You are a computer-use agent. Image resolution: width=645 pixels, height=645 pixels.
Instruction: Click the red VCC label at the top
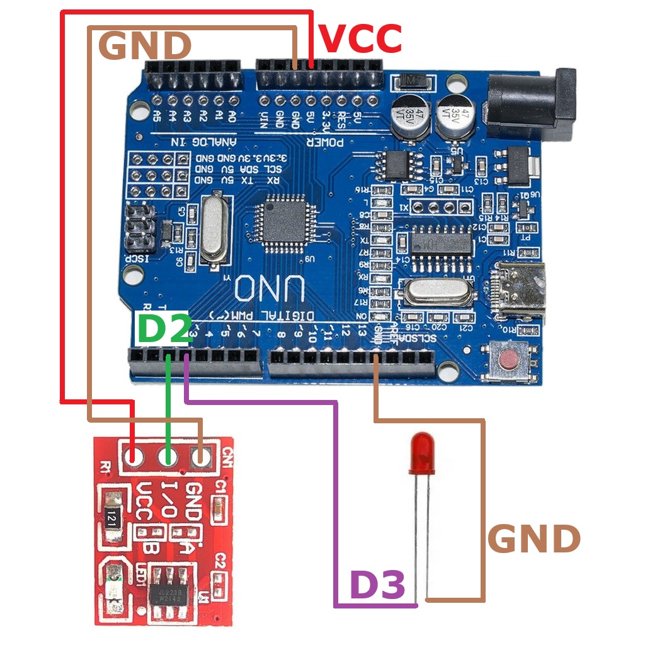360,39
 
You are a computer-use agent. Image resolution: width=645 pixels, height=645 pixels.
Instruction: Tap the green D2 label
164,329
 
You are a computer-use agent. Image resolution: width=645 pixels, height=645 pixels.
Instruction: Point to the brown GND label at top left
145,46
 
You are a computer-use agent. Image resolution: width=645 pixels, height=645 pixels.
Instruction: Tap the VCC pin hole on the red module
134,457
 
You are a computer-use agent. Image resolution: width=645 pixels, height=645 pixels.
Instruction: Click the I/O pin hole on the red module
168,457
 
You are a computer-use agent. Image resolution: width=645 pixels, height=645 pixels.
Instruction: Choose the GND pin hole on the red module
201,457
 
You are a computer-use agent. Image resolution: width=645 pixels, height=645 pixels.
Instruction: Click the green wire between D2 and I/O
168,403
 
